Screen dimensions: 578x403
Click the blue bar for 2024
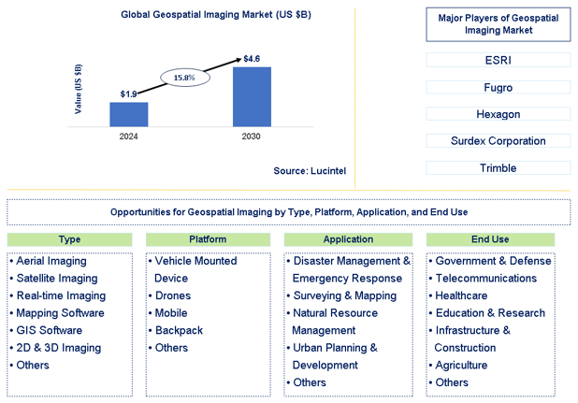(x=129, y=115)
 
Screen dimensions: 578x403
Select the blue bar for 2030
(x=252, y=97)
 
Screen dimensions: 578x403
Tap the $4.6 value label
(x=252, y=59)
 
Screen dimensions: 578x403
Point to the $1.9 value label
(x=129, y=94)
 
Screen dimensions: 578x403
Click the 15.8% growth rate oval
(x=185, y=78)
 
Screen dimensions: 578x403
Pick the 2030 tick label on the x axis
(x=251, y=137)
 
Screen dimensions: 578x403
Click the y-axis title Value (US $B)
(x=79, y=89)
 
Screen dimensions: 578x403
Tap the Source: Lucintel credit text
(x=310, y=171)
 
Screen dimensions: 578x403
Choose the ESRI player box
(x=499, y=60)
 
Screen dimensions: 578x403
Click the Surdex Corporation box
(x=499, y=140)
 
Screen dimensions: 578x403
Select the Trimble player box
(x=499, y=168)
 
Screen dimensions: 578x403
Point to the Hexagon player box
(x=499, y=114)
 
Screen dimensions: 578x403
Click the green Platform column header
(x=208, y=239)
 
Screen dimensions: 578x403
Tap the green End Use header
(x=490, y=239)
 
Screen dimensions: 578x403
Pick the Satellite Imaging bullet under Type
(x=54, y=279)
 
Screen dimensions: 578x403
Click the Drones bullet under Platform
(x=170, y=295)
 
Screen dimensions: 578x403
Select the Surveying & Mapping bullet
(x=342, y=295)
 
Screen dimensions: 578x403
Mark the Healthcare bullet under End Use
(x=458, y=295)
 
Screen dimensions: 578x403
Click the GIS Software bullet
(x=46, y=330)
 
